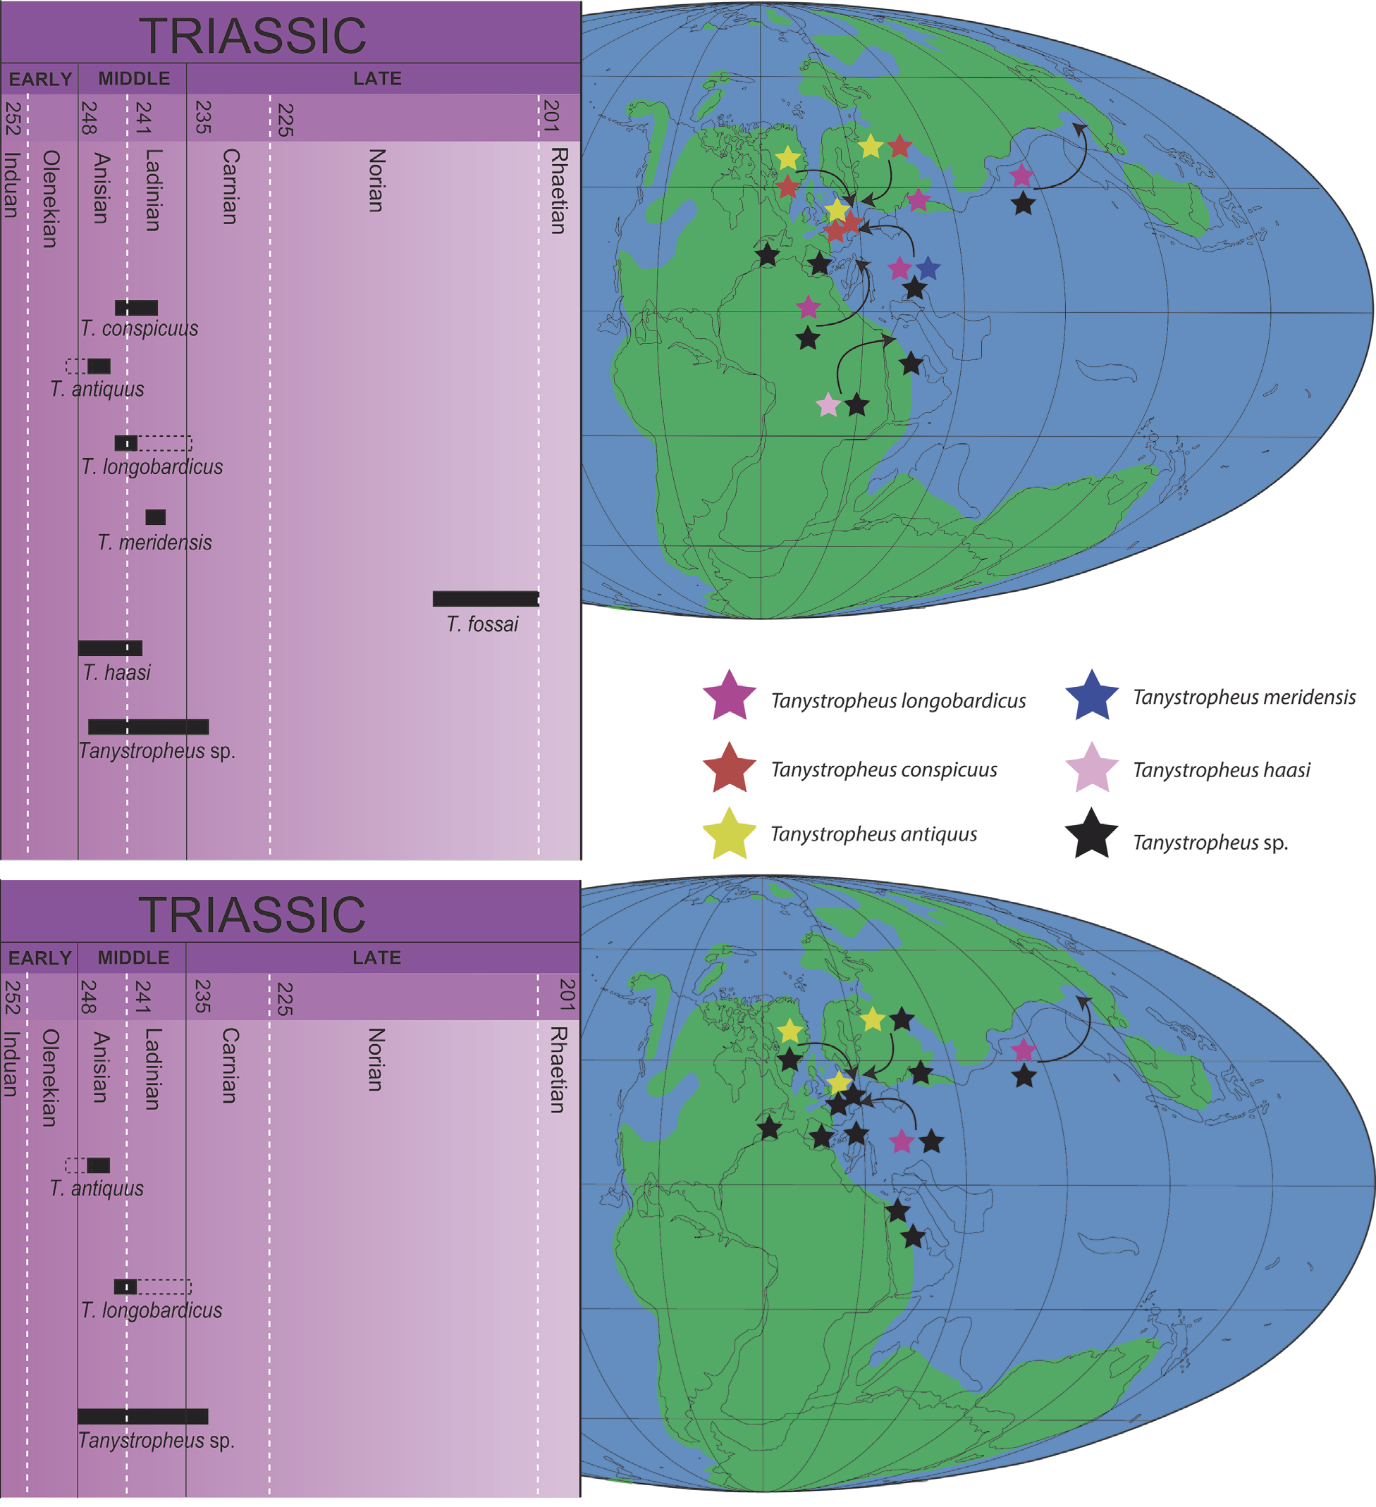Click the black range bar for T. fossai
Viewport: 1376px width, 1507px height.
pyautogui.click(x=486, y=599)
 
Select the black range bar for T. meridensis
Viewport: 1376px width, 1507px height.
pyautogui.click(x=156, y=517)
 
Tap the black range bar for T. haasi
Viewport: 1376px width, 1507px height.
pyautogui.click(x=110, y=648)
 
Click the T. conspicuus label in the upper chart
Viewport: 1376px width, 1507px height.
pyautogui.click(x=139, y=329)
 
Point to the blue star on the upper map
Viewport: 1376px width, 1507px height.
pyautogui.click(x=927, y=268)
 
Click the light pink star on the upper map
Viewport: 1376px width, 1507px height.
pyautogui.click(x=828, y=405)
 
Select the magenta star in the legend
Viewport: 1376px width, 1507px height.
pyautogui.click(x=729, y=696)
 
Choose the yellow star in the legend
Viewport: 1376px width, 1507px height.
pyautogui.click(x=729, y=834)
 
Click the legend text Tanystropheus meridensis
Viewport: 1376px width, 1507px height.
pyautogui.click(x=1243, y=697)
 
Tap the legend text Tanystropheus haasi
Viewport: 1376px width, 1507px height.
pyautogui.click(x=1221, y=770)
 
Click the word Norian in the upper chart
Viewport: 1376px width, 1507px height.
pyautogui.click(x=377, y=180)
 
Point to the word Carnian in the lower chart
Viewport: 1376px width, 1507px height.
pyautogui.click(x=230, y=1065)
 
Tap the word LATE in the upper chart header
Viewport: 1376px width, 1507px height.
pyautogui.click(x=377, y=78)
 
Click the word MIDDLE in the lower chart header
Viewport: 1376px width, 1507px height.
pyautogui.click(x=133, y=957)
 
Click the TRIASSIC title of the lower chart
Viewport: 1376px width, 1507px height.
pyautogui.click(x=252, y=914)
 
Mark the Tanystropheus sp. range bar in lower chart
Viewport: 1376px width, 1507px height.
pyautogui.click(x=143, y=1417)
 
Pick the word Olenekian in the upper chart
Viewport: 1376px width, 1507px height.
pyautogui.click(x=50, y=199)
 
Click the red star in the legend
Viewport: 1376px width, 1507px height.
pyautogui.click(x=729, y=768)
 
